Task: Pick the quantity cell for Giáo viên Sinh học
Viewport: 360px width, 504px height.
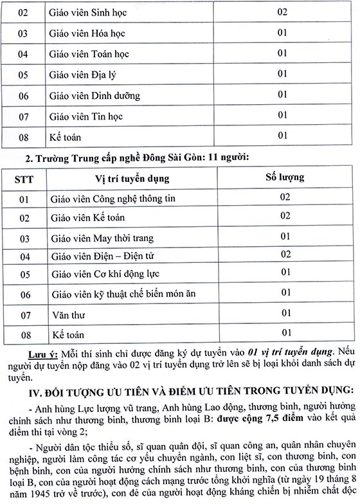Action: click(x=282, y=12)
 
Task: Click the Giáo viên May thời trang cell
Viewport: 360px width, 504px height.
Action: click(x=101, y=239)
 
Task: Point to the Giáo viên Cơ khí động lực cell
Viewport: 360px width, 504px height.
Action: click(x=104, y=274)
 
